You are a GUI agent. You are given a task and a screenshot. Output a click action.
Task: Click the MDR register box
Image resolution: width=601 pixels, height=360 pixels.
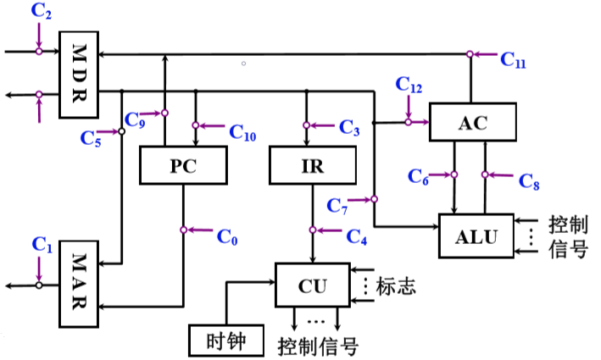click(79, 75)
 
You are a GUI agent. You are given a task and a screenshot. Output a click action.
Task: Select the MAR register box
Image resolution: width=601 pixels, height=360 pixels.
click(79, 284)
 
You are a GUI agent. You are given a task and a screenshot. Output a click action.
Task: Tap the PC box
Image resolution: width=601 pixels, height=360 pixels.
click(183, 165)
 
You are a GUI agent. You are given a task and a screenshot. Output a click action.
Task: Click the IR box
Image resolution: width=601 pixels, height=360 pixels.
click(313, 165)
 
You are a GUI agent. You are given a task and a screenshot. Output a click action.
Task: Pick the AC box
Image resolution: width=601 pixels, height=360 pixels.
click(473, 122)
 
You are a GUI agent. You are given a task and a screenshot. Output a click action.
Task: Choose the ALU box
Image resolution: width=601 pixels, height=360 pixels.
click(476, 235)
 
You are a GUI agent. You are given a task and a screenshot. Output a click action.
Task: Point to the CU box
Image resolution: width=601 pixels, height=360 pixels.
click(313, 285)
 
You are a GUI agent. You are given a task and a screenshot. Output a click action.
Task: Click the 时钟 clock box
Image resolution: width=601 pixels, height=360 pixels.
click(226, 340)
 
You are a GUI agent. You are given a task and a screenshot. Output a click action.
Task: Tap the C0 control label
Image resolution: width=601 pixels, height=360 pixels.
click(227, 236)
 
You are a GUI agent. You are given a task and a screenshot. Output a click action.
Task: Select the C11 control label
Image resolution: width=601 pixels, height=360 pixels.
click(513, 60)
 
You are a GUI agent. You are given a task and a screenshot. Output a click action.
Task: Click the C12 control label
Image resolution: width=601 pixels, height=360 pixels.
click(409, 84)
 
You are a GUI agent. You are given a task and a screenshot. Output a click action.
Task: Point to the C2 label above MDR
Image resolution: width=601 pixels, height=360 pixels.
click(41, 11)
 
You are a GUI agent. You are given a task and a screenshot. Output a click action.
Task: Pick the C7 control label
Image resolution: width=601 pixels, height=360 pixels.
click(337, 206)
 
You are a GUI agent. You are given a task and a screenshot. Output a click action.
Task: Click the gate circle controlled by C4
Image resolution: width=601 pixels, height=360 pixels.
click(313, 230)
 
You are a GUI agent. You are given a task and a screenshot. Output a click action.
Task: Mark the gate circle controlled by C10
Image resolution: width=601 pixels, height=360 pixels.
click(196, 125)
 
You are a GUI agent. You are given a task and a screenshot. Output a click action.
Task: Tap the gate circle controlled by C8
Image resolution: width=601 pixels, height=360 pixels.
click(485, 174)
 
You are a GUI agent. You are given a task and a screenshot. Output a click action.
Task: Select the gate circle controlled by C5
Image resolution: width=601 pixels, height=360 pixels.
click(121, 132)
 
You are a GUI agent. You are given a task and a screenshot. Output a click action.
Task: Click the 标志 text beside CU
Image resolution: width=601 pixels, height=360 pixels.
click(396, 285)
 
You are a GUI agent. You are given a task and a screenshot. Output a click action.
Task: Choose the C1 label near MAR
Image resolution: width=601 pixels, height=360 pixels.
click(42, 245)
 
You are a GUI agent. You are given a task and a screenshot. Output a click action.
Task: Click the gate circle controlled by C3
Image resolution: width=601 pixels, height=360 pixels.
click(306, 125)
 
